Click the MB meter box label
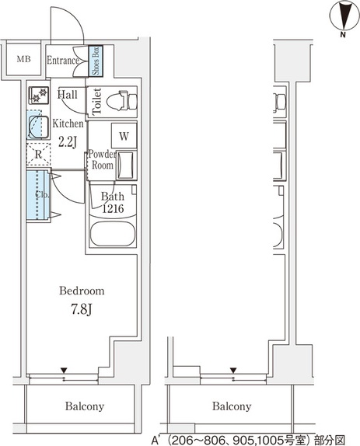click(x=23, y=59)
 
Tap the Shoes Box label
click(x=96, y=61)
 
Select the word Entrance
click(x=63, y=61)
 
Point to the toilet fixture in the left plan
click(x=122, y=100)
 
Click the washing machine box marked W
click(x=124, y=136)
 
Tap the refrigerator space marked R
click(x=38, y=155)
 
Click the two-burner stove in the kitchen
click(x=39, y=96)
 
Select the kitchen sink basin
click(x=38, y=127)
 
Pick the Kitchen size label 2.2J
click(x=68, y=142)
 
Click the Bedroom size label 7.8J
click(x=82, y=309)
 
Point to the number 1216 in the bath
click(x=113, y=209)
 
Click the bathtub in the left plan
click(x=113, y=234)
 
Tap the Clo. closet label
click(x=42, y=195)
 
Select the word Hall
click(x=67, y=94)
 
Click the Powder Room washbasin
click(x=125, y=166)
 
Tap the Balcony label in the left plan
click(x=85, y=406)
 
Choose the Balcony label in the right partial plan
click(x=232, y=406)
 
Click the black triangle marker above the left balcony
click(x=64, y=371)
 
